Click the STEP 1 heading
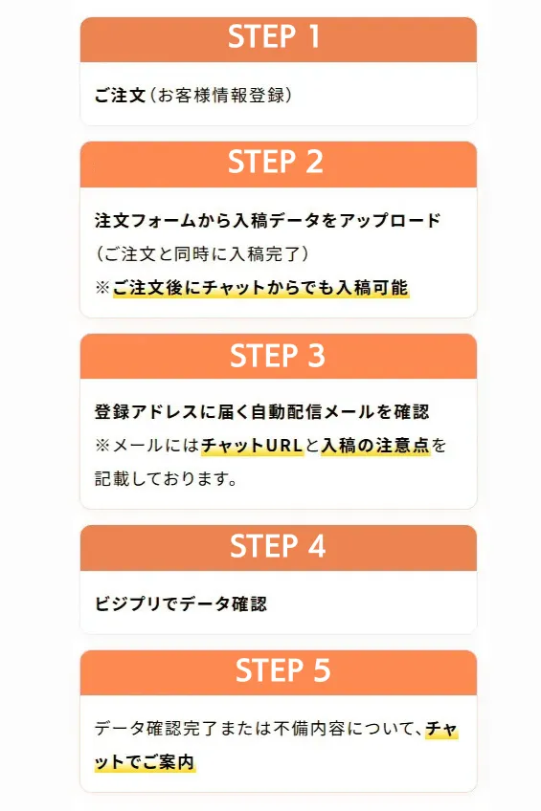point(274,36)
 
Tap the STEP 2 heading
point(276,162)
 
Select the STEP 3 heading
point(278,356)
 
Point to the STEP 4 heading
point(278,547)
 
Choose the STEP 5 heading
point(282,670)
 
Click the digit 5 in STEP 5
point(322,670)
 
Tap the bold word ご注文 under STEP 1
point(120,96)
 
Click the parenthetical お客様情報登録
point(221,96)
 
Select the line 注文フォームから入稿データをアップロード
point(268,220)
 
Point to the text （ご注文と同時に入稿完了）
point(202,254)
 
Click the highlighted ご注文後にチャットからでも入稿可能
point(260,288)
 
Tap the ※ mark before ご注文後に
point(102,288)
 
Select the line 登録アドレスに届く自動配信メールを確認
point(262,411)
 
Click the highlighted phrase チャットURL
point(252,446)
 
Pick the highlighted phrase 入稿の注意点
point(375,446)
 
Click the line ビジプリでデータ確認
point(181,603)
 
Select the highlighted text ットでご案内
point(145,762)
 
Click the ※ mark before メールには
point(102,446)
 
